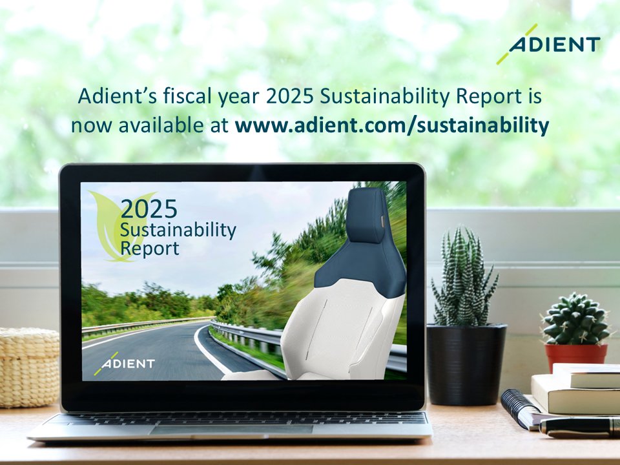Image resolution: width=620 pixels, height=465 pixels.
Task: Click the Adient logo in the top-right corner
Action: pos(549,44)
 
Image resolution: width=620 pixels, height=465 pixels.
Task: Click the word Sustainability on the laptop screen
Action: pos(178,231)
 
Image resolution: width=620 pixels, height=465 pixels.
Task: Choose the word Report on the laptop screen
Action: pos(150,249)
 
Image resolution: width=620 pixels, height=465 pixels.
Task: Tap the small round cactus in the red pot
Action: pos(575,319)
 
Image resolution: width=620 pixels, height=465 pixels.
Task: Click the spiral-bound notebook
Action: pos(520,408)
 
